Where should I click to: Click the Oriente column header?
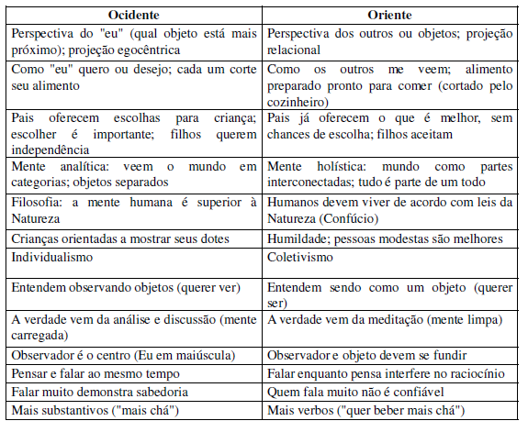tap(389, 16)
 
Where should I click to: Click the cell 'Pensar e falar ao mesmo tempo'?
tap(97, 373)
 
